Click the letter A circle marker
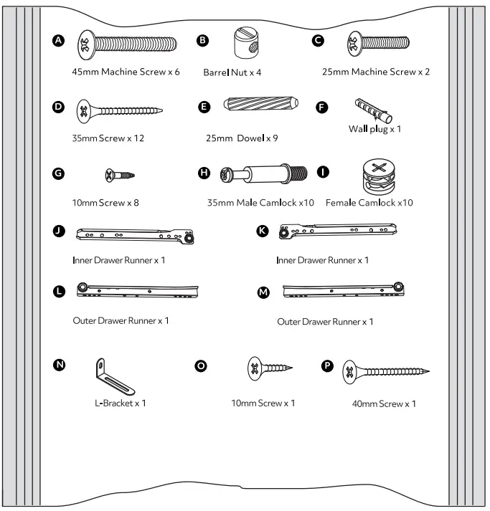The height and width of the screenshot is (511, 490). pos(62,40)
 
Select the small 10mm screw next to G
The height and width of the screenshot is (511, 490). pos(121,174)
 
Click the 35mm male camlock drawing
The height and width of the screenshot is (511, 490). pos(265,174)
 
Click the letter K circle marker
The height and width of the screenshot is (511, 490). pos(263,231)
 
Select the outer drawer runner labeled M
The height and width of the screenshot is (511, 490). pos(342,290)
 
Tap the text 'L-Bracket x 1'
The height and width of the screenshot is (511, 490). pos(121,403)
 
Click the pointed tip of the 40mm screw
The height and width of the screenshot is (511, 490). pos(429,372)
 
